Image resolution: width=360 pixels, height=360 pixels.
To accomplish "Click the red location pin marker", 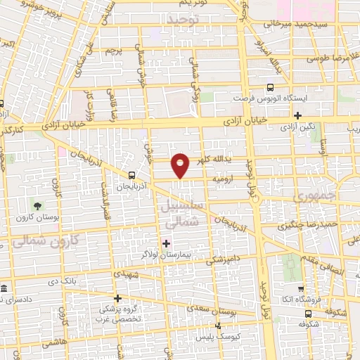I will click(x=181, y=165).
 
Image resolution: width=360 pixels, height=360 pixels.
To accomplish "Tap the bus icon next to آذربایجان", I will click(x=132, y=175).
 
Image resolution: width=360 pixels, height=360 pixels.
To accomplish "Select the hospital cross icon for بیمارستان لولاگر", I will click(x=167, y=244).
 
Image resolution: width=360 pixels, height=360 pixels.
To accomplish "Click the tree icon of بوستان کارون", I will click(x=37, y=205).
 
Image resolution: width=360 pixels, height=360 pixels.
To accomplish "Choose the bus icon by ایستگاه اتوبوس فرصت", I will click(x=271, y=88).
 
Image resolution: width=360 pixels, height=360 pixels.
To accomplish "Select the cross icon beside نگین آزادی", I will click(x=298, y=115).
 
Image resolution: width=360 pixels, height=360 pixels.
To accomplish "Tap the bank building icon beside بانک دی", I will click(x=4, y=289).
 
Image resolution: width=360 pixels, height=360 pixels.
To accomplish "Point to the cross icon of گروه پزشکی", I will click(x=117, y=298).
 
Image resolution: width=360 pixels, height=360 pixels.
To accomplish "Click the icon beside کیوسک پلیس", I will click(x=219, y=326).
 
